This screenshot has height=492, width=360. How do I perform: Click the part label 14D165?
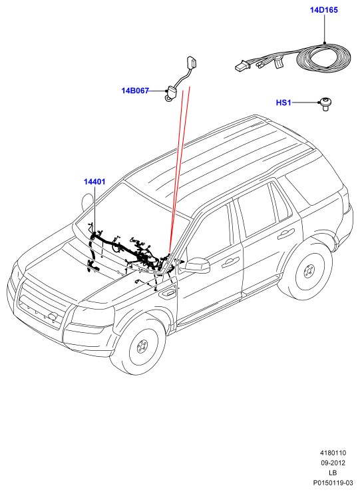[324, 10]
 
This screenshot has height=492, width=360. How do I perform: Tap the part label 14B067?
[135, 91]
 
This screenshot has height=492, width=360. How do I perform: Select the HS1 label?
[283, 103]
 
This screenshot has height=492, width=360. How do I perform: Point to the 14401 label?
[94, 182]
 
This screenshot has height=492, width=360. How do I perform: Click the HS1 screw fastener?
[325, 105]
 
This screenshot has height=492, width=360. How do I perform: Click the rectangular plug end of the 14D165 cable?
[241, 66]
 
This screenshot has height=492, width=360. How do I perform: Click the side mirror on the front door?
[197, 266]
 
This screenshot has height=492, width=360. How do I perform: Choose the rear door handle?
[285, 234]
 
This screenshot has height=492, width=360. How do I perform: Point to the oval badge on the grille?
[53, 316]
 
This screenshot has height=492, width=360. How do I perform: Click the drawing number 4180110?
[333, 453]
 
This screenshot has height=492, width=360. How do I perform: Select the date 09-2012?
[333, 463]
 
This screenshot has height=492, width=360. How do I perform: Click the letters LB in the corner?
[333, 473]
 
